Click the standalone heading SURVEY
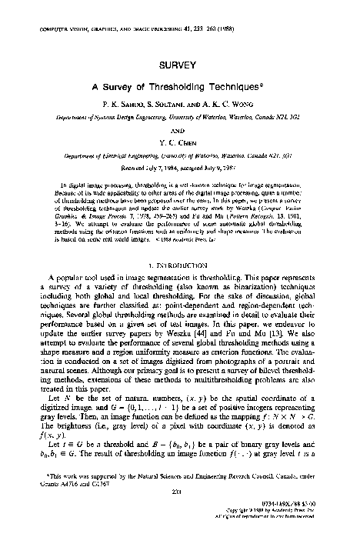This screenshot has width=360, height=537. coord(180,67)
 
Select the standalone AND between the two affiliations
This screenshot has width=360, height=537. coord(180,130)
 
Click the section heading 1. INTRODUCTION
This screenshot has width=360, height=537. coord(180,264)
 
